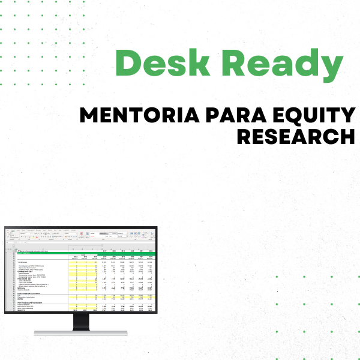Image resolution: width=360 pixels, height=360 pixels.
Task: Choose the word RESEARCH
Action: coord(296,136)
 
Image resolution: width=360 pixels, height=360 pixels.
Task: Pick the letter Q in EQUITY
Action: coord(295,115)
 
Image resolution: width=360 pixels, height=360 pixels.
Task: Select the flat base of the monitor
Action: coord(80,332)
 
